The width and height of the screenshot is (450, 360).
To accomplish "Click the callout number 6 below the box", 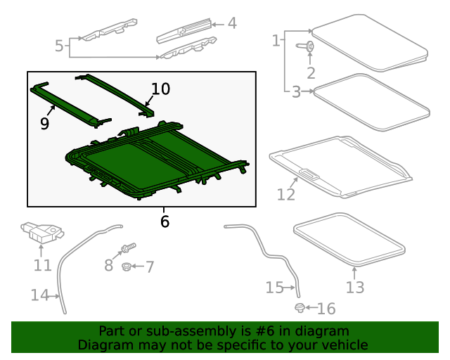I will tap(165, 221).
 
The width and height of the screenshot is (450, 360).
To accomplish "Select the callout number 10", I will tap(160, 89).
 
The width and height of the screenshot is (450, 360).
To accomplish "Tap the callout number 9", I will tap(44, 124).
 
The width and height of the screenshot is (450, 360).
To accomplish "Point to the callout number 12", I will tap(285, 194).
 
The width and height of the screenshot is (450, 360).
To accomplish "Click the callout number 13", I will tap(355, 287).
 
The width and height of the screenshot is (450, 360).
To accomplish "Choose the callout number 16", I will tap(326, 309).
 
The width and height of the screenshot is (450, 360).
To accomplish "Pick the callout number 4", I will tap(231, 23).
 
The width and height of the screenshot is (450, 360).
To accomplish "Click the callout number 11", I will tap(43, 265).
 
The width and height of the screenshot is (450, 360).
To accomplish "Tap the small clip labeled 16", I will tap(300, 308).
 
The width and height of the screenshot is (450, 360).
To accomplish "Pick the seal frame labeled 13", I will tap(349, 240).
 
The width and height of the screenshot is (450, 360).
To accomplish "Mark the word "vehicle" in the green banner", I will tap(343, 345).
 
